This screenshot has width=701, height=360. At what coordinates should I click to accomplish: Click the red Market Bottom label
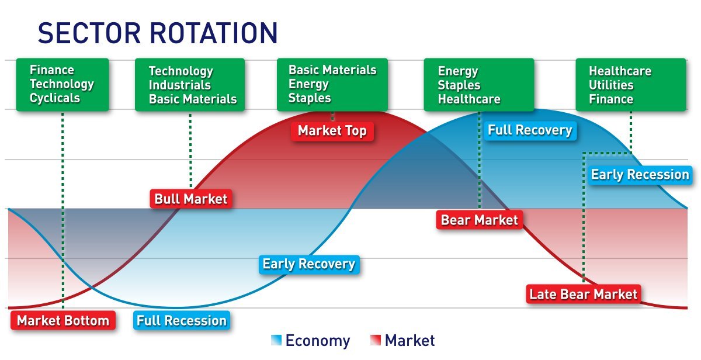point(63,320)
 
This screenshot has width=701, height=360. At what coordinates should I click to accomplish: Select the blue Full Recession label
point(181,320)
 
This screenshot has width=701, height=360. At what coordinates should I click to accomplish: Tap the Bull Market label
point(191,199)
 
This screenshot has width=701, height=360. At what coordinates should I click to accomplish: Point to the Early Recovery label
point(308,264)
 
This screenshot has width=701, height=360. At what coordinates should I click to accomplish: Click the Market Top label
point(332,131)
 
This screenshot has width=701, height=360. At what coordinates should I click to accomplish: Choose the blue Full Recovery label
point(529,130)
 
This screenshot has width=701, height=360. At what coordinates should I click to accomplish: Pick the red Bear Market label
point(479,220)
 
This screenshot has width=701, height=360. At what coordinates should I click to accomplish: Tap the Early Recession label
point(640,175)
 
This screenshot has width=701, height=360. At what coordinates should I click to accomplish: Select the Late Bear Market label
point(583,293)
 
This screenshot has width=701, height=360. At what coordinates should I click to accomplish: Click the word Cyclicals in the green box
point(55,98)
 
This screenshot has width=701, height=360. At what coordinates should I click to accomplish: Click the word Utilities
point(611,85)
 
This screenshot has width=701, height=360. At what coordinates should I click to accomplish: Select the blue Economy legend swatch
point(276,340)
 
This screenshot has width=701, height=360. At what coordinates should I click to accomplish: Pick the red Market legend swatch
point(376,340)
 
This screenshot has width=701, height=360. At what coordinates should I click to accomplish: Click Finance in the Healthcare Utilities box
point(610,99)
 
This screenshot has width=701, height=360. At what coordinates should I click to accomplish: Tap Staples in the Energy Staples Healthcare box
point(459,85)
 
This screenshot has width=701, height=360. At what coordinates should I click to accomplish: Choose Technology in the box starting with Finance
point(61,84)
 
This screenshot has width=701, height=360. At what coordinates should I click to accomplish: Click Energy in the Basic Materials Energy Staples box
point(308,84)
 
